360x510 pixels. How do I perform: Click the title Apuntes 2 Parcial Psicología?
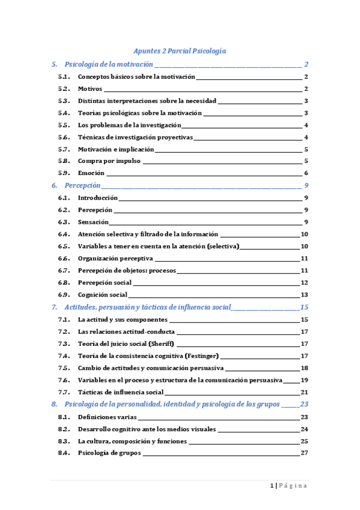click(x=179, y=52)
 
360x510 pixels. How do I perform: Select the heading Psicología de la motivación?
click(x=109, y=64)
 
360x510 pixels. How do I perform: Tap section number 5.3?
click(x=64, y=101)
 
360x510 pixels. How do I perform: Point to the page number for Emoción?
click(x=306, y=173)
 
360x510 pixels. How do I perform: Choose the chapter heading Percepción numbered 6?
click(x=82, y=186)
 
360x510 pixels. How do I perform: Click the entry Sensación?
click(x=93, y=222)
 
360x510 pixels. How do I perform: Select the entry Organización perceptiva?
click(x=115, y=259)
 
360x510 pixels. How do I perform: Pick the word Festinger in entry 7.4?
click(x=201, y=356)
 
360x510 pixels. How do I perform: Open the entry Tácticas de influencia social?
click(x=121, y=392)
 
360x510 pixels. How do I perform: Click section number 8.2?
click(x=64, y=429)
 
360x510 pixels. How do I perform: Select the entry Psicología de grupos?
click(x=109, y=453)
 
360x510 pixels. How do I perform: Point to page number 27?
click(x=305, y=453)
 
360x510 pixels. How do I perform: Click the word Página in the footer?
click(x=293, y=486)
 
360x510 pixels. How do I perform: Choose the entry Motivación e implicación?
click(x=116, y=149)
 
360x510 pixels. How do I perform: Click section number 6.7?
click(x=64, y=271)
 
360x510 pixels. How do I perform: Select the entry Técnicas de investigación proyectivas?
click(x=135, y=137)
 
